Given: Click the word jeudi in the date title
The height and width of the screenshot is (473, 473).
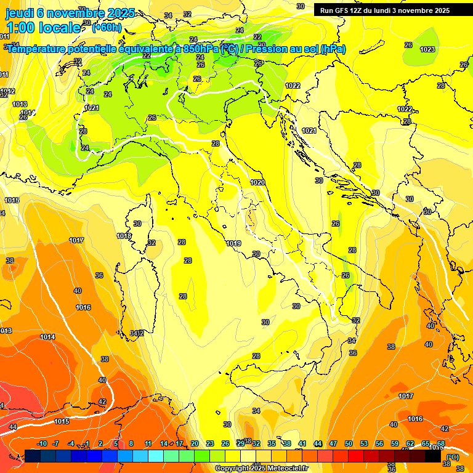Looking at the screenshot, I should pyautogui.click(x=20, y=13).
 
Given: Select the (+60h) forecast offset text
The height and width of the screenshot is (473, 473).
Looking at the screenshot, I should pyautogui.click(x=107, y=27).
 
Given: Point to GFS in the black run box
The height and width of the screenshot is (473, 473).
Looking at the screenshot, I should pyautogui.click(x=343, y=10).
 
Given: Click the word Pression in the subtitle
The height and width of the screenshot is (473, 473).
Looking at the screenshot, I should pyautogui.click(x=266, y=49).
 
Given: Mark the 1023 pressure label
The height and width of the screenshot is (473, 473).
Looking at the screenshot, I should pyautogui.click(x=427, y=49).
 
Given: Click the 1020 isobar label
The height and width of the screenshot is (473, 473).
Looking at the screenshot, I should pyautogui.click(x=257, y=183).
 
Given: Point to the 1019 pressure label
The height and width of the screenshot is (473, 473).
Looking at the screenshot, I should pyautogui.click(x=233, y=244).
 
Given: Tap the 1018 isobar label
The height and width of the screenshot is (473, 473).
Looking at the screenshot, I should pyautogui.click(x=124, y=236).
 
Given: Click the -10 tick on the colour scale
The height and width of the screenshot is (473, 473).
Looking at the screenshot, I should pyautogui.click(x=42, y=443).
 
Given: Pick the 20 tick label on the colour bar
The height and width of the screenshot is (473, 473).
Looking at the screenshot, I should pyautogui.click(x=194, y=443).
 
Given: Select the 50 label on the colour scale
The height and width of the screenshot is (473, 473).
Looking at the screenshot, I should pyautogui.click(x=349, y=443).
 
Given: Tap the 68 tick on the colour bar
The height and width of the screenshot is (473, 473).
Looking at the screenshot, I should pyautogui.click(x=441, y=443).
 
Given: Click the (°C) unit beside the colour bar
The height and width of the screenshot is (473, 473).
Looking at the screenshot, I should pyautogui.click(x=453, y=456).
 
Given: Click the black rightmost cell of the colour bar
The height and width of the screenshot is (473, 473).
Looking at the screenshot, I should pyautogui.click(x=433, y=456).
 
